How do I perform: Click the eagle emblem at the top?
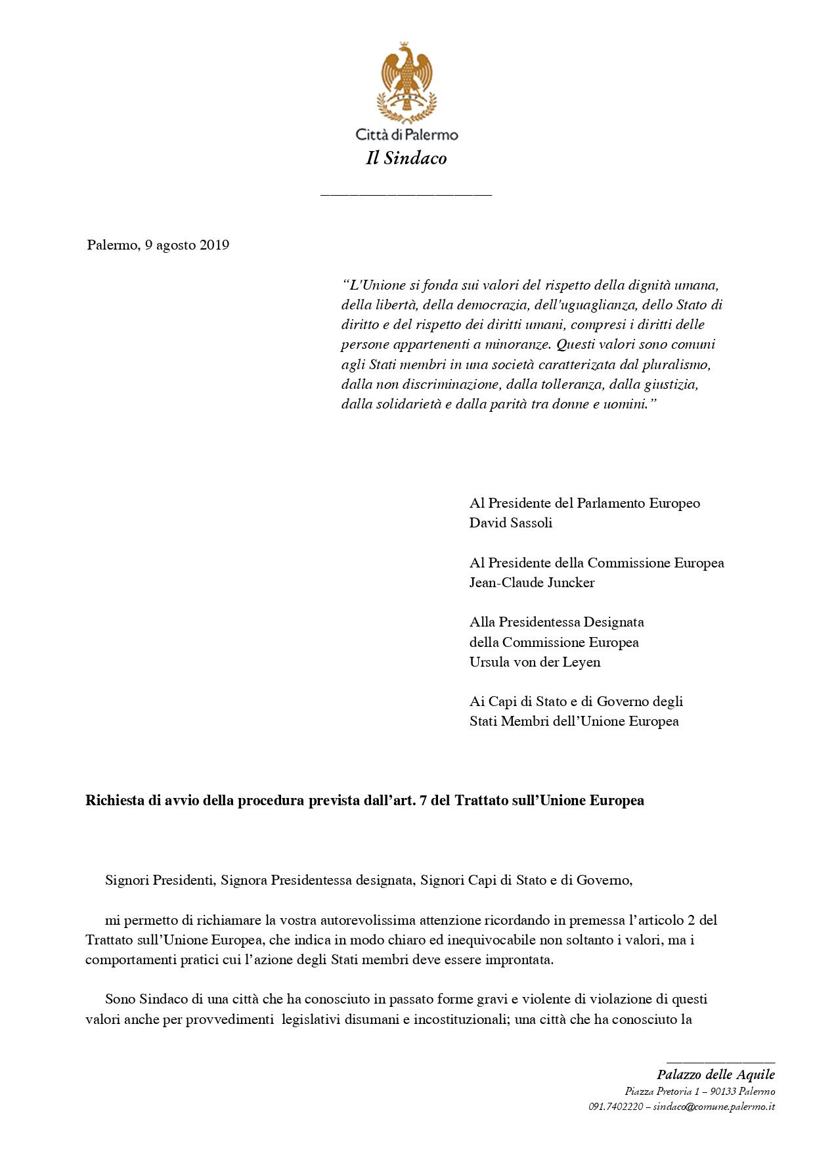coord(407,82)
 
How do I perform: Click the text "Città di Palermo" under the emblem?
coord(407,135)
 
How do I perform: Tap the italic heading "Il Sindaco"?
coord(407,158)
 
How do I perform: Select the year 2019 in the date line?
coord(214,245)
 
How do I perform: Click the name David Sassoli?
coord(510,523)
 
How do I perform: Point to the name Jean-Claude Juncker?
coord(531,583)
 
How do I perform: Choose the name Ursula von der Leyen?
coord(535,662)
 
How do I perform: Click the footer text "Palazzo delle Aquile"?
coord(715,1074)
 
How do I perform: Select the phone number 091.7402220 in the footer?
coord(615,1107)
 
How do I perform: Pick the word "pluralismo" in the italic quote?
coord(679,365)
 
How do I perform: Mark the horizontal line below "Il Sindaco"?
coord(406,194)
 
